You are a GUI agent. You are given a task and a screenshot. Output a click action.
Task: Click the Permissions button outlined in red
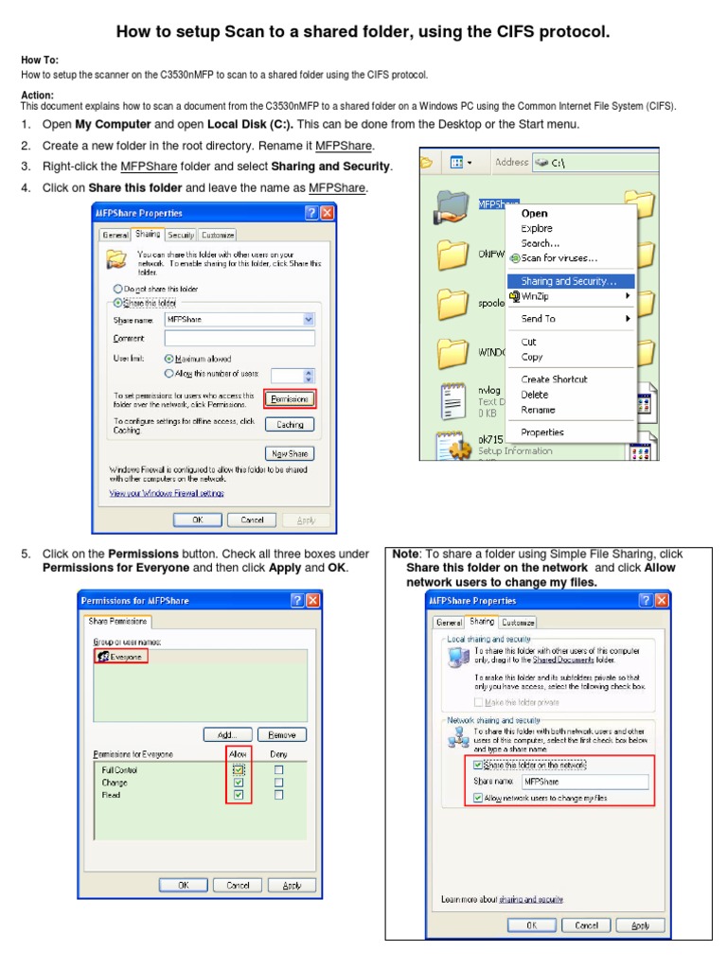click(x=290, y=399)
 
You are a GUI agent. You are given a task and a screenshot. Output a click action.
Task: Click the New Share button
click(x=290, y=453)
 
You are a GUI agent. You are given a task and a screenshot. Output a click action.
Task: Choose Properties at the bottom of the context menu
click(x=542, y=432)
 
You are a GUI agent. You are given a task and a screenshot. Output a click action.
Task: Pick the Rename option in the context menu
click(x=538, y=410)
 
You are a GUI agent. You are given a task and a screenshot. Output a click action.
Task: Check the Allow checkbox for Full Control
click(x=239, y=770)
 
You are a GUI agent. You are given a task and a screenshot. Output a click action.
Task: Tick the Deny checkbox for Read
click(x=278, y=796)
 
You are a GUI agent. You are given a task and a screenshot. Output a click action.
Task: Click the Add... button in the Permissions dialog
click(x=227, y=734)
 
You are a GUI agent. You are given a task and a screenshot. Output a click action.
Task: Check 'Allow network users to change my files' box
click(x=478, y=799)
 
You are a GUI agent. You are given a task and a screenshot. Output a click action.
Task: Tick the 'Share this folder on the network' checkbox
click(x=478, y=765)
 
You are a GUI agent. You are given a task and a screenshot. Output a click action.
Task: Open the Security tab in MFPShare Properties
click(x=181, y=235)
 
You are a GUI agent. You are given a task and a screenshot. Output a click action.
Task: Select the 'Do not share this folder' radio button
click(x=118, y=289)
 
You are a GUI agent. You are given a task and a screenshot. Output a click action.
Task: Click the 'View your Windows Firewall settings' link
click(x=167, y=493)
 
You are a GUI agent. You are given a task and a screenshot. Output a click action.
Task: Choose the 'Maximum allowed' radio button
click(x=168, y=359)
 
